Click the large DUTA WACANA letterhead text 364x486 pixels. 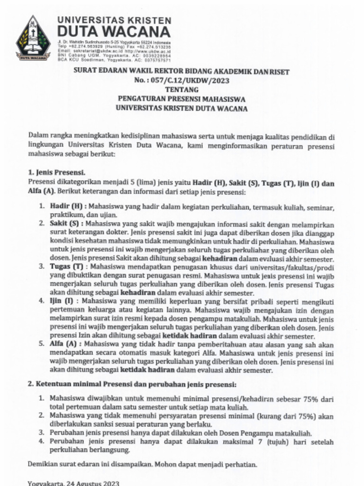coord(114,32)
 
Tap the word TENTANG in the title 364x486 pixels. coord(182,90)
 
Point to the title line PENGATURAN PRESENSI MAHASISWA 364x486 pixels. coord(182,99)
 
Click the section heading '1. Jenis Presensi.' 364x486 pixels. coord(56,173)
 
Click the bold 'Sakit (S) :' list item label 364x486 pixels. coord(67,223)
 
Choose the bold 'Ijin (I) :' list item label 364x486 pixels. coord(64,301)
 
